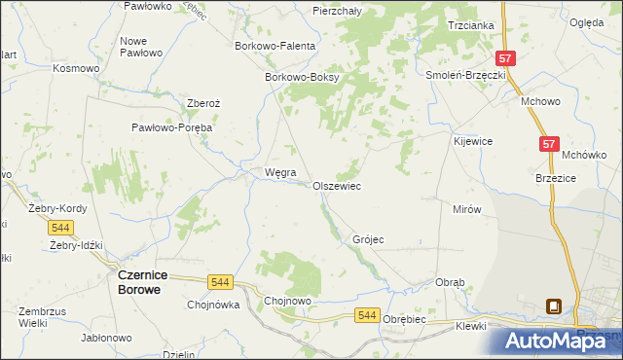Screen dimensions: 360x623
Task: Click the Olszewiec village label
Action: [x=337, y=185]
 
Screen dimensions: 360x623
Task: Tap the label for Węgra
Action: [x=267, y=173]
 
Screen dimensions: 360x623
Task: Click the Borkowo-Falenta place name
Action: [x=275, y=45]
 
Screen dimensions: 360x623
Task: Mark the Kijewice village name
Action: [x=473, y=141]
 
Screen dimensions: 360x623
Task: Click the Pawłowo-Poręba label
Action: [x=172, y=126]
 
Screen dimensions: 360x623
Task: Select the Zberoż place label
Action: [x=206, y=105]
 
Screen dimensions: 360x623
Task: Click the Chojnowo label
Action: [x=288, y=302]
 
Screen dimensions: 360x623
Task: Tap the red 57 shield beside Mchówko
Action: [x=550, y=144]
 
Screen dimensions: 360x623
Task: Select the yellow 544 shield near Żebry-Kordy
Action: [x=60, y=227]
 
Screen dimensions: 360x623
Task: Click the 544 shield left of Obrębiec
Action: [x=366, y=314]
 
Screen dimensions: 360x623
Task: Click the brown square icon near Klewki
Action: [x=554, y=306]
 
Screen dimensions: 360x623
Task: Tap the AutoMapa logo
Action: [x=559, y=340]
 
